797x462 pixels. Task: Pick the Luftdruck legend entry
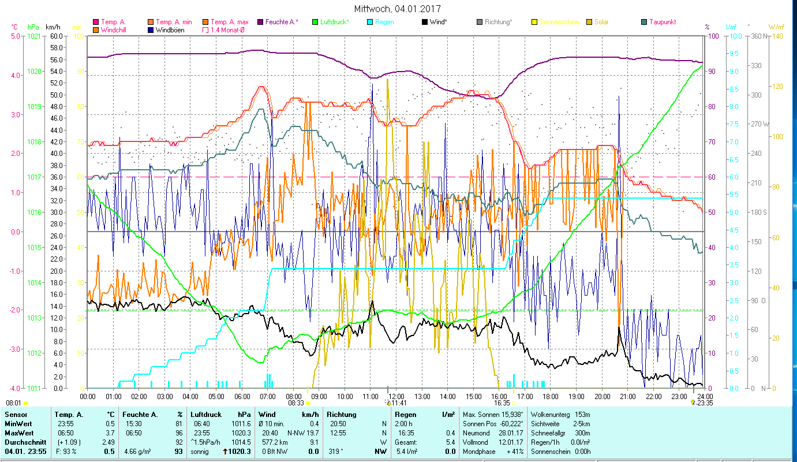(334, 22)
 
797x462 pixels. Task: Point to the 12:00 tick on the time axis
(396, 397)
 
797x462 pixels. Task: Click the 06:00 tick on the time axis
(242, 397)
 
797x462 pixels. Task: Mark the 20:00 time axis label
(602, 397)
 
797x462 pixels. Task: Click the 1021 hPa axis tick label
(34, 36)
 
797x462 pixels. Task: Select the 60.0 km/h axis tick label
(56, 36)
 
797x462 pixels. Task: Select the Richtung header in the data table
(342, 414)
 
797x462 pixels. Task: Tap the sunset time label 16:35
(502, 403)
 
